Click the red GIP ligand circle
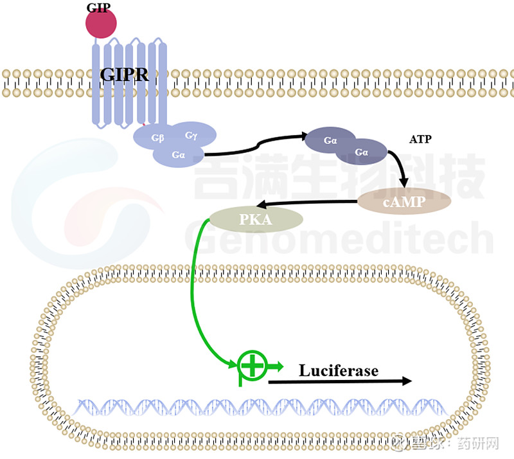click(101, 23)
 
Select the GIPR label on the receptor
click(124, 75)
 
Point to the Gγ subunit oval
click(191, 135)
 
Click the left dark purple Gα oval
click(330, 140)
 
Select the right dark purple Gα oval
click(362, 152)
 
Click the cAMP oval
click(404, 201)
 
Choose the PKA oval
click(256, 219)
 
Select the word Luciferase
click(339, 370)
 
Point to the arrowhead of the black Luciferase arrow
click(405, 381)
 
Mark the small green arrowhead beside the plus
click(278, 367)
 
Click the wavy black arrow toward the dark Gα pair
click(257, 147)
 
